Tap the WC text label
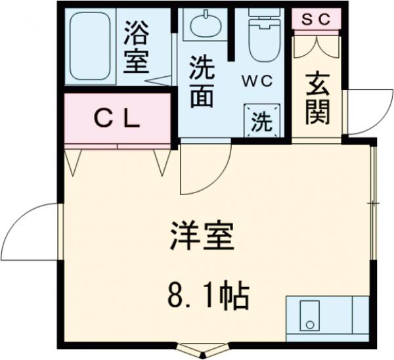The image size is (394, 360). (x=259, y=81)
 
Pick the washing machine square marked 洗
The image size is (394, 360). (x=262, y=120)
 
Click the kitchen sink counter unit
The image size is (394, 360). (x=327, y=319)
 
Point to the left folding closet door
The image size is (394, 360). (x=74, y=162)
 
